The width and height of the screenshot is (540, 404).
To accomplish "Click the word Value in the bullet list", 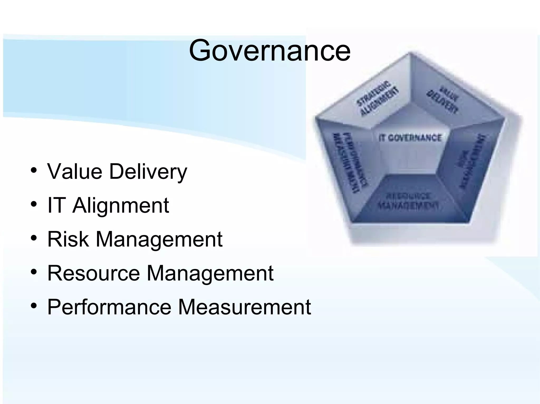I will (75, 171).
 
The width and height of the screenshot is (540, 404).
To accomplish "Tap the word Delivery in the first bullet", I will (148, 172).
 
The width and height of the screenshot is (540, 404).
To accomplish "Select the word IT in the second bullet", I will (56, 205).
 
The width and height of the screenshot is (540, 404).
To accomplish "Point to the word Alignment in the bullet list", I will (120, 206).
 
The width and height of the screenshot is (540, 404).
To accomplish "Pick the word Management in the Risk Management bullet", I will (159, 240).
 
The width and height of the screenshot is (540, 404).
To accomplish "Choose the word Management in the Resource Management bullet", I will (210, 273).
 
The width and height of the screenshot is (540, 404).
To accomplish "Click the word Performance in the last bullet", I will (109, 307).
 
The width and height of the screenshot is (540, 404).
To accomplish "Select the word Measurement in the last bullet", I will (244, 307).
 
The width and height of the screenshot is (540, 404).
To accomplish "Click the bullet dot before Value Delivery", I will (33, 171).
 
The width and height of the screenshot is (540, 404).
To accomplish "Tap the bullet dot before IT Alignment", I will (33, 205).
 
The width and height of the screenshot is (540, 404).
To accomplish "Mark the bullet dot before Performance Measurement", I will (33, 306).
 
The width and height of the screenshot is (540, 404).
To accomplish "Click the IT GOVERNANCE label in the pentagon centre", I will (410, 138).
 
